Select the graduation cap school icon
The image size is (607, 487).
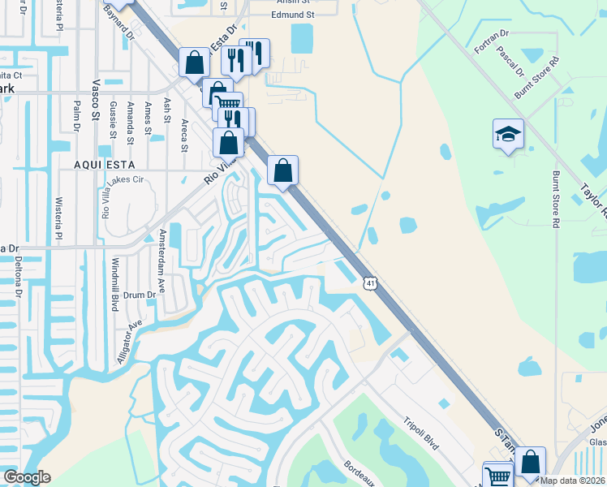(x=508, y=134)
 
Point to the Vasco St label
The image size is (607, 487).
(x=95, y=105)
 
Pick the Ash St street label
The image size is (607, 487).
(x=167, y=106)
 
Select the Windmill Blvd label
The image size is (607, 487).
(x=115, y=285)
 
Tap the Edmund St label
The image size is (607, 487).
(x=292, y=15)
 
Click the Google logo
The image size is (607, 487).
(x=26, y=477)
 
